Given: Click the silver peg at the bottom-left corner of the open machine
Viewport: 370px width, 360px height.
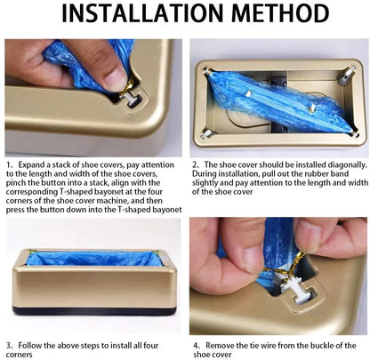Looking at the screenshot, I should [x=206, y=133].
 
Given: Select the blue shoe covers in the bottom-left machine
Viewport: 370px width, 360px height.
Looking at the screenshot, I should [x=93, y=259].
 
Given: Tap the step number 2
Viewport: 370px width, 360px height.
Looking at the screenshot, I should [x=194, y=165].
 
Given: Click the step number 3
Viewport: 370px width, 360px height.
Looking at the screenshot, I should [x=9, y=344].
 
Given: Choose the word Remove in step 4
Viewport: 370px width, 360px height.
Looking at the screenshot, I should [x=219, y=344].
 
